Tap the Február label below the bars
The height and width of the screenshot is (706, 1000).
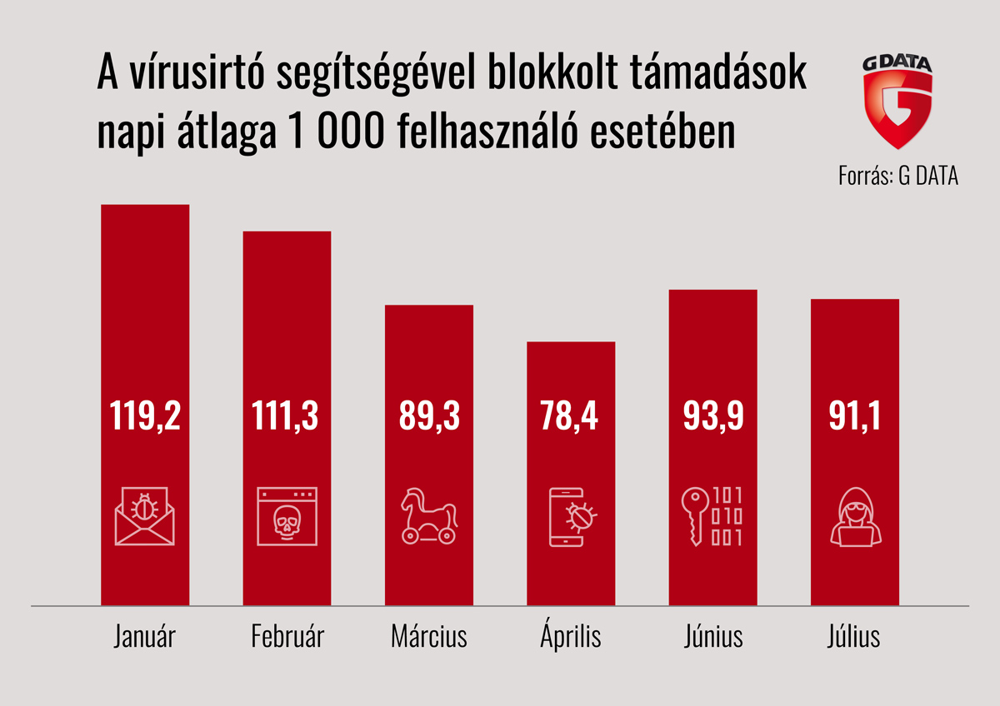(287, 638)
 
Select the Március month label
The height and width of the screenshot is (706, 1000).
(428, 638)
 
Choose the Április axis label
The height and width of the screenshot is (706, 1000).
(571, 638)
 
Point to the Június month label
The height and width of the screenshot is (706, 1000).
(712, 638)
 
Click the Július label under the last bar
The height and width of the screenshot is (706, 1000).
(854, 638)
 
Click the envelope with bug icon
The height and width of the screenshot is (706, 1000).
(145, 516)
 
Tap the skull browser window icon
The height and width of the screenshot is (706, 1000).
(287, 516)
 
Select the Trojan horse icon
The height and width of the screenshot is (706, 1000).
(428, 516)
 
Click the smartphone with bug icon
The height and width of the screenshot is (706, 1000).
(572, 516)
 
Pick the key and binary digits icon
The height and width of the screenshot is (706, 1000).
(712, 516)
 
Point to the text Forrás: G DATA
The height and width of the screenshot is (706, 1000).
(898, 177)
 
